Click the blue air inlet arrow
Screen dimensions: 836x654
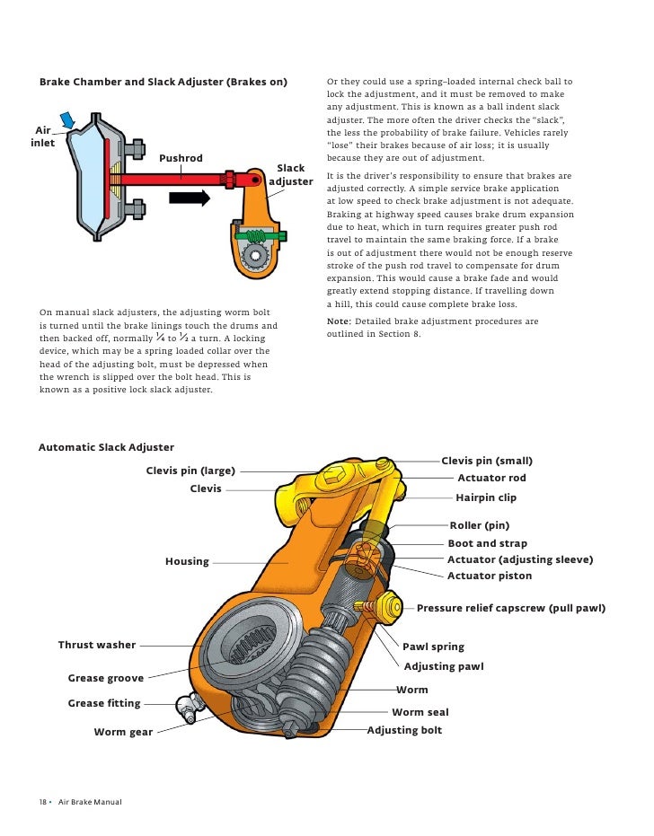pos(67,119)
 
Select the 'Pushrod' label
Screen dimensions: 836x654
pos(181,159)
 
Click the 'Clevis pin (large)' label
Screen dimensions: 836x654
pos(190,471)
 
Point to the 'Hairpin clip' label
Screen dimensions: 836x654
pos(486,497)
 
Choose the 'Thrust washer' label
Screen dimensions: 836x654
pos(97,645)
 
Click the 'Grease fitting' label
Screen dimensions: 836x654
pos(104,703)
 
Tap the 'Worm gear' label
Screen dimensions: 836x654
pos(123,733)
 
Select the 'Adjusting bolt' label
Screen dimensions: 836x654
pos(405,730)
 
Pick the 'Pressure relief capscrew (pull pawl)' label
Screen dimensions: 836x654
pos(511,609)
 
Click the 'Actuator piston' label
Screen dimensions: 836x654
pos(490,576)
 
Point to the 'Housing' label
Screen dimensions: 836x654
pos(187,561)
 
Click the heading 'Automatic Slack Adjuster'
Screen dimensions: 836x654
pos(106,447)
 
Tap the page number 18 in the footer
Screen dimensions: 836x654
pos(42,802)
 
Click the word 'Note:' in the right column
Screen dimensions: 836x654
pos(339,321)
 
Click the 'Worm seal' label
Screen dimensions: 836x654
pos(420,712)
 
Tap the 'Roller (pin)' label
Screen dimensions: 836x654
pos(479,525)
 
